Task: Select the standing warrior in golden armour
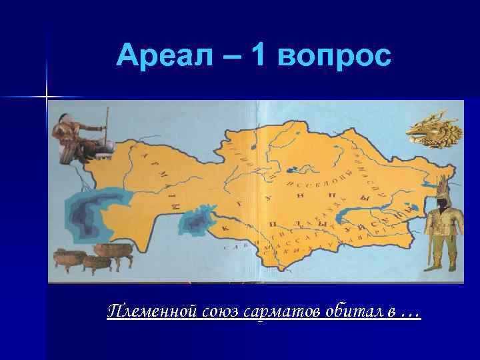tap(441, 230)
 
